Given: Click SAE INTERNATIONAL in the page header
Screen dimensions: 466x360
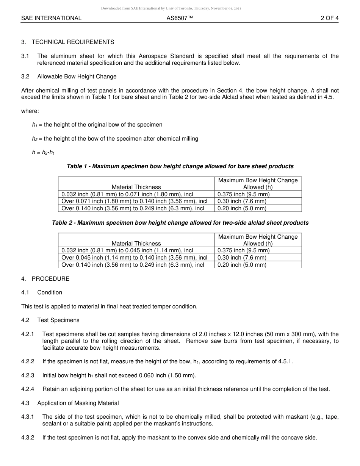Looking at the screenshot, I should (x=51, y=18).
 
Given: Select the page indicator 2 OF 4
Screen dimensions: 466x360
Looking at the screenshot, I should (x=329, y=18).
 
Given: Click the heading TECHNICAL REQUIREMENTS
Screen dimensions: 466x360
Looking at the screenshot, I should (x=73, y=42).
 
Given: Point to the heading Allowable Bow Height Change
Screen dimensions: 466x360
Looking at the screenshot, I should (x=77, y=77).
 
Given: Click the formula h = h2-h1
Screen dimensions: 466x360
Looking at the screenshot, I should (x=43, y=153).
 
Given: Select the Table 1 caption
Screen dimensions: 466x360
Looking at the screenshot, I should (x=180, y=166).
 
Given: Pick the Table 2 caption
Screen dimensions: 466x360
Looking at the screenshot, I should (x=180, y=223).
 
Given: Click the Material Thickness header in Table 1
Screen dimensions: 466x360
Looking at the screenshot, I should (x=136, y=187).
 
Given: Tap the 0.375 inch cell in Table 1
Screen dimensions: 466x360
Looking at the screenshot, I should (x=243, y=194).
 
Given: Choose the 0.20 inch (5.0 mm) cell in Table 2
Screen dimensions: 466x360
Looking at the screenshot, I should (x=242, y=265).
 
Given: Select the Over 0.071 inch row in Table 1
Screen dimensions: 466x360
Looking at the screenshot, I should (x=134, y=201).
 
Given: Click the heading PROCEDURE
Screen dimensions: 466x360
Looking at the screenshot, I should (x=50, y=279).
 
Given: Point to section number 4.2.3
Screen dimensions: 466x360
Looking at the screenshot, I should (x=28, y=375).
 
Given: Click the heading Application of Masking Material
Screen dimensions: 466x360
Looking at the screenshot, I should (x=78, y=403).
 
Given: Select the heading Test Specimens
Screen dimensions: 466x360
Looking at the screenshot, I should (x=58, y=320).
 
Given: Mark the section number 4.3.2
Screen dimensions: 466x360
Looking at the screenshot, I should (x=28, y=438).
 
